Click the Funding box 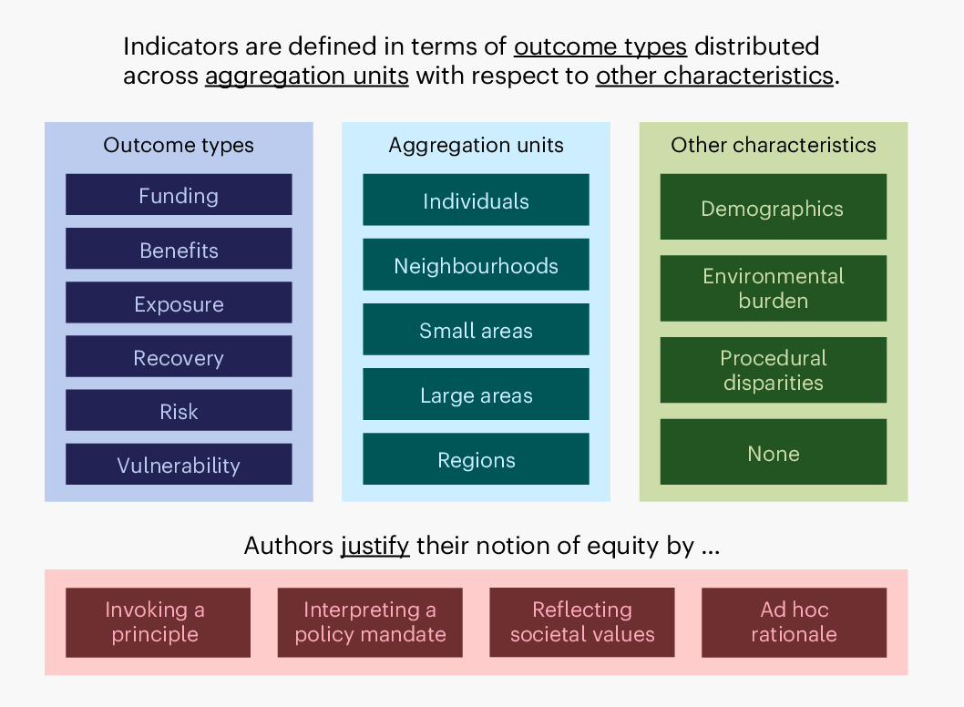point(179,194)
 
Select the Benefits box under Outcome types point(179,249)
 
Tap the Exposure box point(179,302)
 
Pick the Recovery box point(179,356)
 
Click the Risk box point(179,410)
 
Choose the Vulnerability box point(179,464)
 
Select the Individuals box point(476,200)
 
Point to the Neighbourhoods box point(476,264)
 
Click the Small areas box point(476,329)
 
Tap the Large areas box point(476,394)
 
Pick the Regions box point(476,458)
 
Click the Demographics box point(774,207)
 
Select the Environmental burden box point(774,288)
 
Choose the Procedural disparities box point(774,370)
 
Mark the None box point(774,452)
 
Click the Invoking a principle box point(158,623)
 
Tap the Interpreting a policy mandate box point(370,623)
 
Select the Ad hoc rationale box point(795,623)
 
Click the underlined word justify point(375,546)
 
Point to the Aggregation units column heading point(476,145)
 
